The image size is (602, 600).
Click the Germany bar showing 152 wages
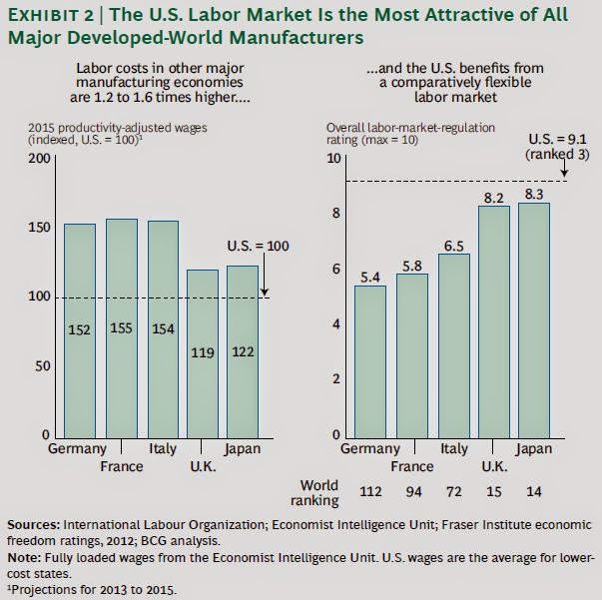tap(81, 329)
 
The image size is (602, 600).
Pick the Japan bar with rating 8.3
tap(533, 319)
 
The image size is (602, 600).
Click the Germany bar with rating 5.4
tap(369, 360)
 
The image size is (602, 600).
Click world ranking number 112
tap(370, 492)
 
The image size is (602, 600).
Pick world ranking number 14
tap(533, 492)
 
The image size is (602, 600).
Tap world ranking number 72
tap(452, 492)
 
